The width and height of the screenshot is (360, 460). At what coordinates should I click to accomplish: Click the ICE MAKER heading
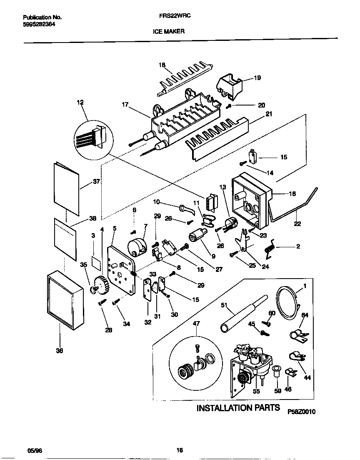click(171, 31)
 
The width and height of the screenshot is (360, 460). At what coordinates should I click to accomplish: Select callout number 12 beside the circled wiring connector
click(80, 102)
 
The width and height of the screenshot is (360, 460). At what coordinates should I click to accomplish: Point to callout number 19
click(257, 78)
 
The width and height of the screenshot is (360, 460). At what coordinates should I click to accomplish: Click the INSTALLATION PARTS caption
click(238, 407)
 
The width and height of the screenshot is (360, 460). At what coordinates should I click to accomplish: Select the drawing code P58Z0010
click(301, 411)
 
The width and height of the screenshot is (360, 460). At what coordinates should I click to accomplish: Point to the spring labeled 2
click(270, 248)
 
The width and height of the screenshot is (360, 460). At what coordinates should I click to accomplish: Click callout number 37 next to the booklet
click(97, 181)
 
